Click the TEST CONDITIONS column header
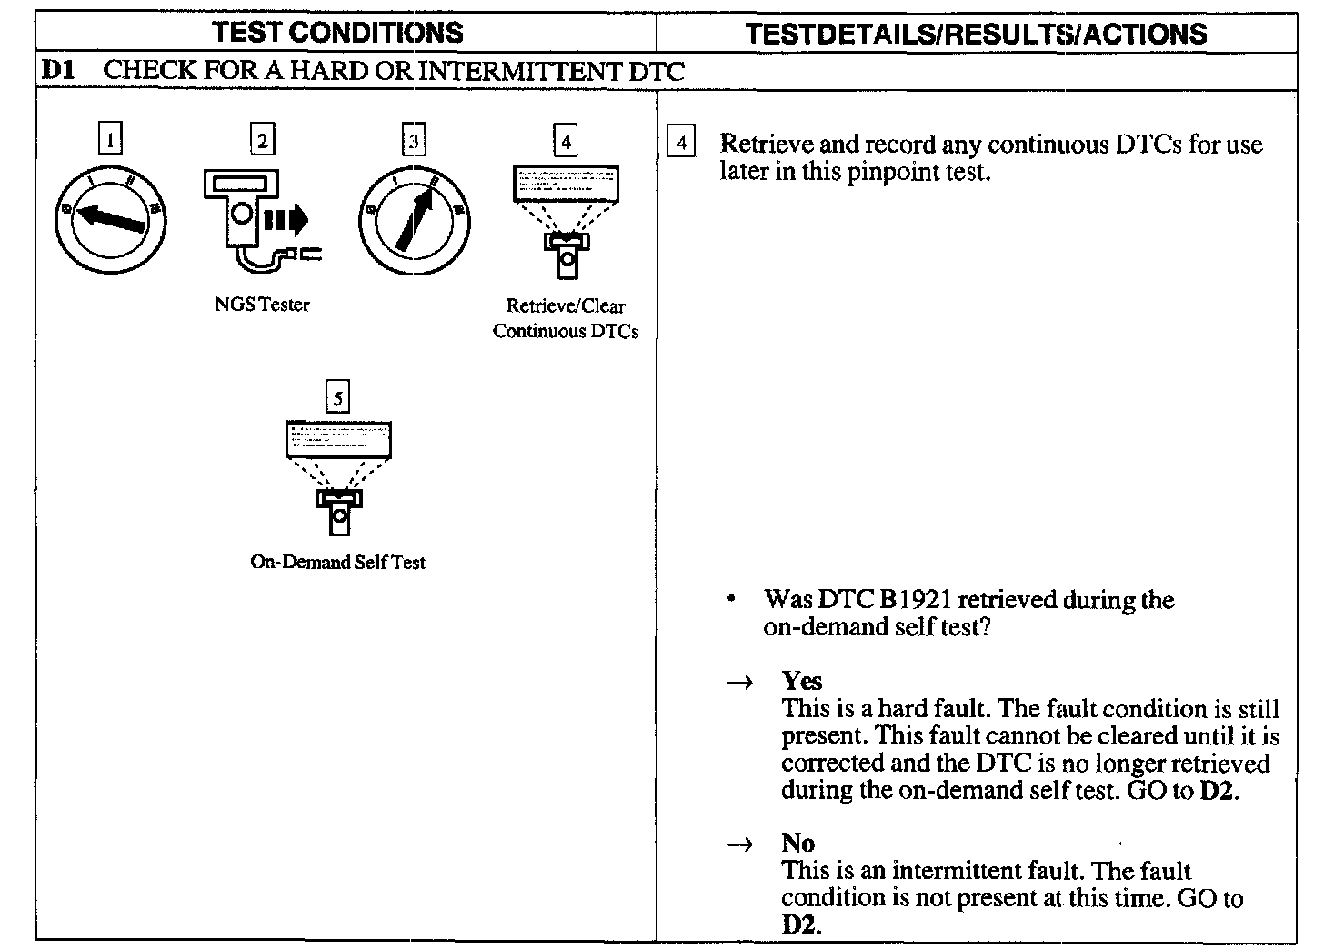337,33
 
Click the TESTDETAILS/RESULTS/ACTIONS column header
976,34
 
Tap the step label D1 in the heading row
57,72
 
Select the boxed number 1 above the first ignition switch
110,140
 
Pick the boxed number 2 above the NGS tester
263,140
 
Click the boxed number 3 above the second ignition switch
414,140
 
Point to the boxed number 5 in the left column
337,397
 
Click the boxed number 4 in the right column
681,144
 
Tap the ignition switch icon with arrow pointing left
110,219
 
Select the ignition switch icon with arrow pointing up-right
415,219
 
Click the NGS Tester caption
262,305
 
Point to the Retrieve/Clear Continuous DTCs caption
566,318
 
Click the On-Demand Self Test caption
337,562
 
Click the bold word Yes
801,681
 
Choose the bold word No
797,843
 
